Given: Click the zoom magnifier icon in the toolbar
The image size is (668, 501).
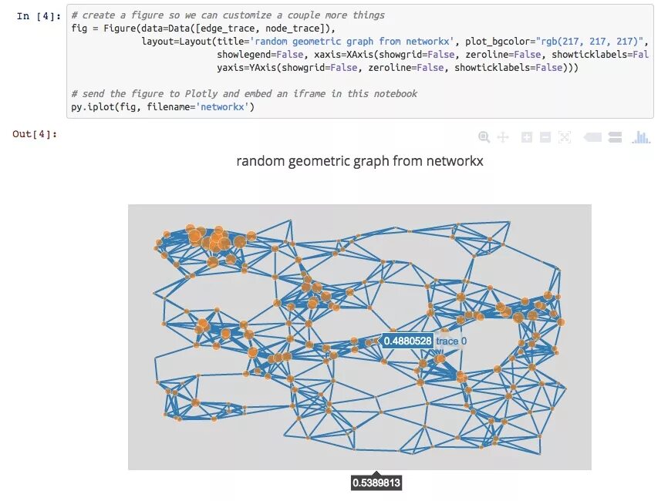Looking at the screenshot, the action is click(x=484, y=137).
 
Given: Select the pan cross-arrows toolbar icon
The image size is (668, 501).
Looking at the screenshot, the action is click(x=503, y=137).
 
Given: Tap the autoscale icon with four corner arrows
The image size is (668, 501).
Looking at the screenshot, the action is click(x=565, y=137).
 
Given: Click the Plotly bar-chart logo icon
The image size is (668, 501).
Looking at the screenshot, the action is click(x=641, y=137).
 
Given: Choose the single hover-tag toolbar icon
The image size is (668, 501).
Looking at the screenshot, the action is click(x=592, y=137).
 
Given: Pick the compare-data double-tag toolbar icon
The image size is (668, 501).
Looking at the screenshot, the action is click(x=615, y=137).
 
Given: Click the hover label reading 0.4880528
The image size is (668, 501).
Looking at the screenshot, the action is click(x=407, y=341).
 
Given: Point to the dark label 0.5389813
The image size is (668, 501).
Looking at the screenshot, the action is click(x=376, y=483).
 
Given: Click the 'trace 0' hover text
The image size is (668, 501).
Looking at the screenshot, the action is click(x=451, y=341).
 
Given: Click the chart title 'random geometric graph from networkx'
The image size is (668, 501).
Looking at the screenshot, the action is click(x=359, y=161).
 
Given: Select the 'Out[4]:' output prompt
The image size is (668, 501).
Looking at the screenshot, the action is click(x=35, y=134).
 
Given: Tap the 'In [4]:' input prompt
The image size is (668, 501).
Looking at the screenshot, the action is click(x=35, y=15).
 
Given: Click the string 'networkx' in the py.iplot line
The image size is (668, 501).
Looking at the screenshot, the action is click(x=224, y=108).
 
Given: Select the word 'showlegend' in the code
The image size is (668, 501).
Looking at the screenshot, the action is click(x=245, y=55).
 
